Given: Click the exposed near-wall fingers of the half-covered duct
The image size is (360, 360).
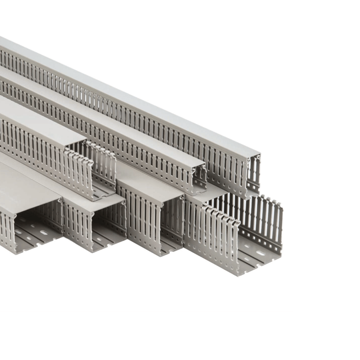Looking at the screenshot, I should [x=79, y=171].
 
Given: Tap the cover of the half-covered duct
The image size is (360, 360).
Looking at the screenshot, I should [x=35, y=122].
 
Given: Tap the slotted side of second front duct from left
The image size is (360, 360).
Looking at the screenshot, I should [x=77, y=226].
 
